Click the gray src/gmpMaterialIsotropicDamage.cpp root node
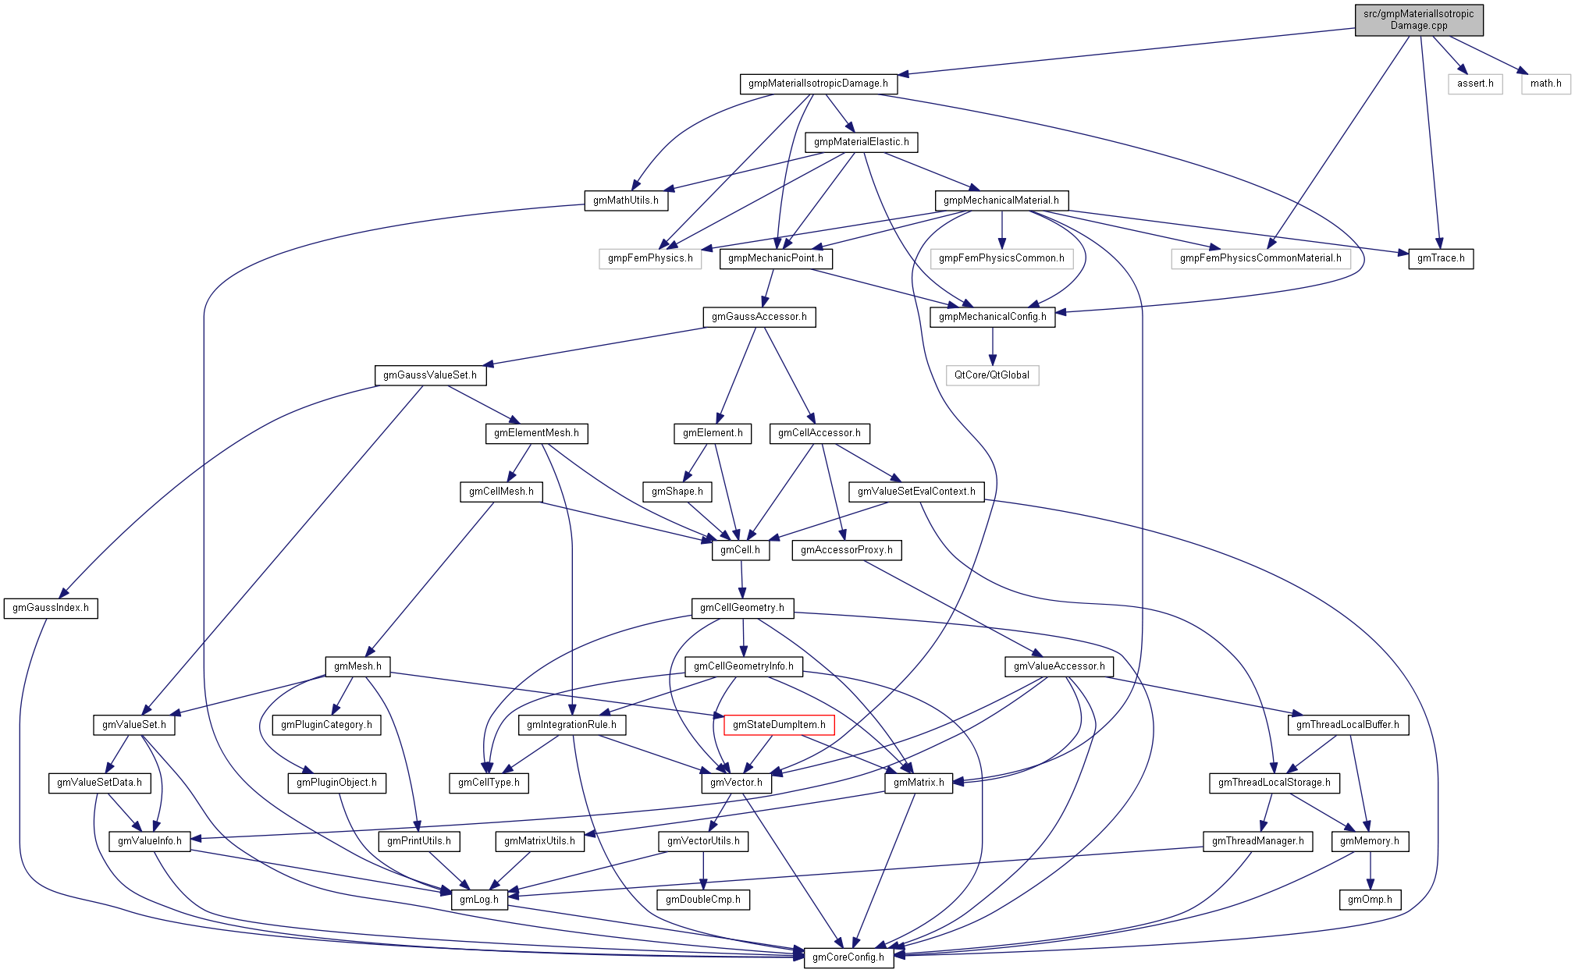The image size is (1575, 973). pos(1418,20)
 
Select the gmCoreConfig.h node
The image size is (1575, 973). pos(848,957)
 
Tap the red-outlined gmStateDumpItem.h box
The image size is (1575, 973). pos(779,725)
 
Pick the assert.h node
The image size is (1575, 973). pos(1475,83)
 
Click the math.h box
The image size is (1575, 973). pos(1545,83)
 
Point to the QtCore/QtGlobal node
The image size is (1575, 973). pos(992,375)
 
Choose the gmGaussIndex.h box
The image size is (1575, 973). pos(51,608)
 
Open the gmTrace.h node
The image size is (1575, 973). pos(1441,258)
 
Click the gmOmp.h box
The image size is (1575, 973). pos(1370,900)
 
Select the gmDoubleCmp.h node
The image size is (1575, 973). pos(703,900)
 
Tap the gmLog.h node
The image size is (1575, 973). pos(479,900)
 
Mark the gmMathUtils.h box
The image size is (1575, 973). pos(626,201)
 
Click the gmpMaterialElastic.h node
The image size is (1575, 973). pos(862,142)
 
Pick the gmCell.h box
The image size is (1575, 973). pos(740,550)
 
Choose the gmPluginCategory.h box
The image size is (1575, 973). pos(326,725)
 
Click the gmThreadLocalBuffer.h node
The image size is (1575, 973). pos(1348,725)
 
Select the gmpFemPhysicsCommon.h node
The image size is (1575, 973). pos(1001,258)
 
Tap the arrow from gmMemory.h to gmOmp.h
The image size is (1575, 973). pos(1371,871)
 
